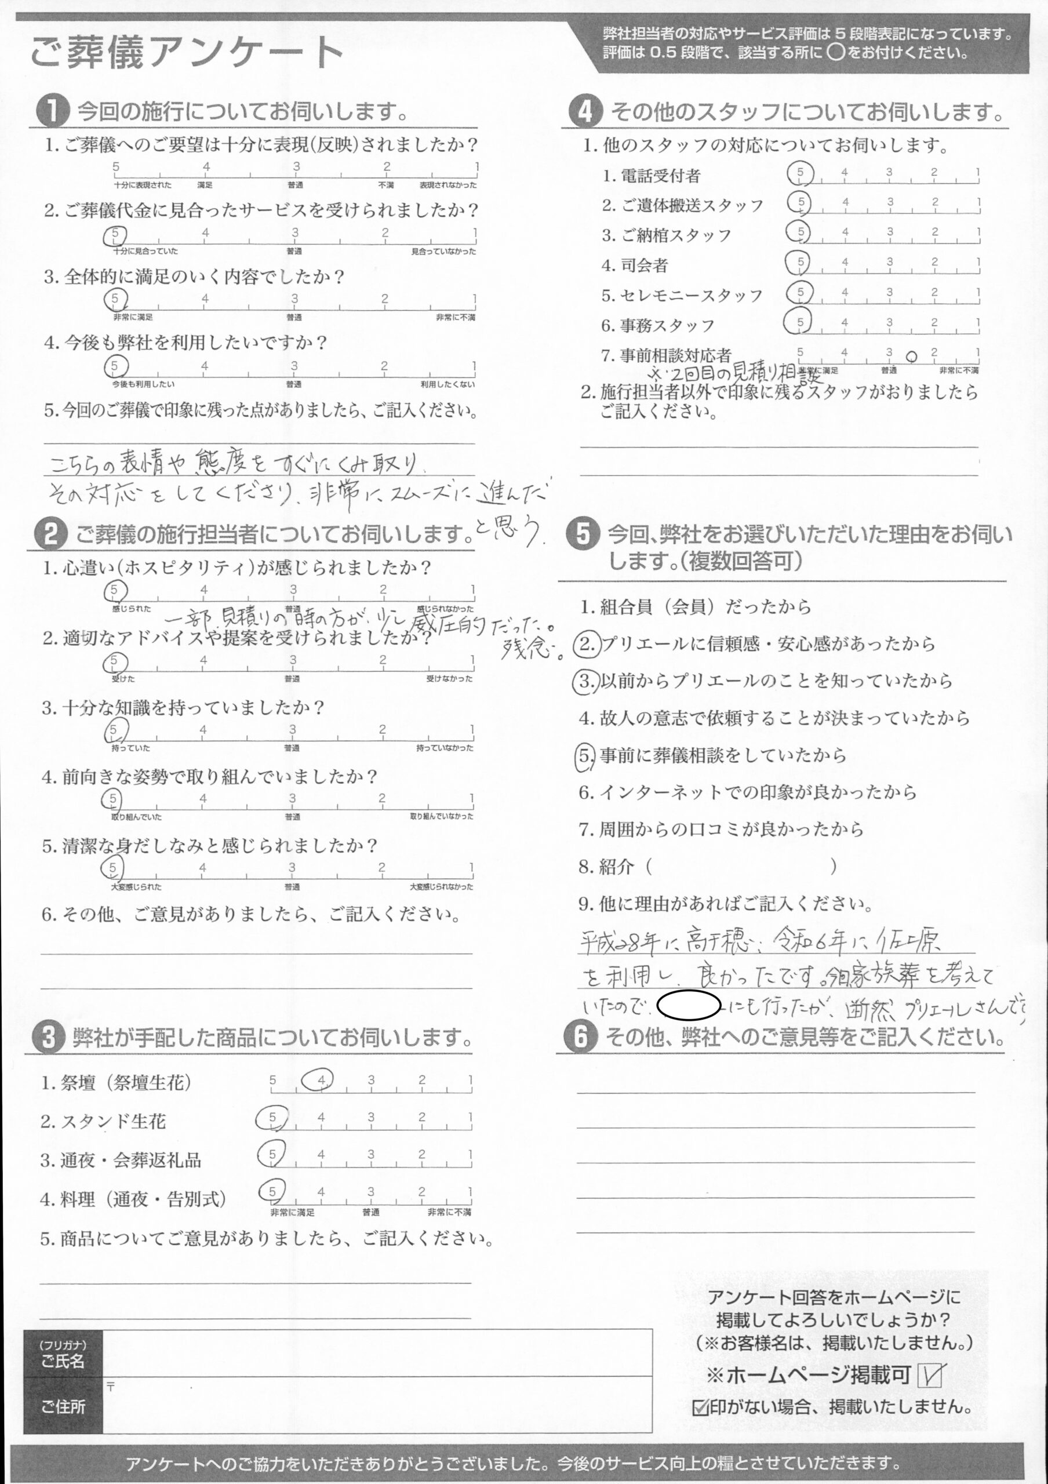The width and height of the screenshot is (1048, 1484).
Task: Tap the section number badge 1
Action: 52,111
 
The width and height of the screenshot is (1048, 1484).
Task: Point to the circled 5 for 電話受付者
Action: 800,173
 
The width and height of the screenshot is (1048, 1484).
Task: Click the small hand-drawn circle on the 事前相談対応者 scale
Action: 912,356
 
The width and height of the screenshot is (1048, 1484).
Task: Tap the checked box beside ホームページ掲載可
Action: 930,1375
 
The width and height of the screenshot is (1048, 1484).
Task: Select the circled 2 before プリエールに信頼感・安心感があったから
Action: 587,645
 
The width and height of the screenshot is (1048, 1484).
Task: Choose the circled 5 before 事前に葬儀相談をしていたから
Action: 584,755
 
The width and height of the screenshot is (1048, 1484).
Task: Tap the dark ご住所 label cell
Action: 63,1406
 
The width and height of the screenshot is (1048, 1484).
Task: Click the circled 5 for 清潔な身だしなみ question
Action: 114,867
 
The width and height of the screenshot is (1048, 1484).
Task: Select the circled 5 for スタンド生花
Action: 272,1118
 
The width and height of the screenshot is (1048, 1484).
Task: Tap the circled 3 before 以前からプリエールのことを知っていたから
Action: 586,681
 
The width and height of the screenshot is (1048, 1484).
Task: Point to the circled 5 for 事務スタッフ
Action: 799,321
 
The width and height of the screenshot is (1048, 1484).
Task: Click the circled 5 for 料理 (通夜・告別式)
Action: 272,1191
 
